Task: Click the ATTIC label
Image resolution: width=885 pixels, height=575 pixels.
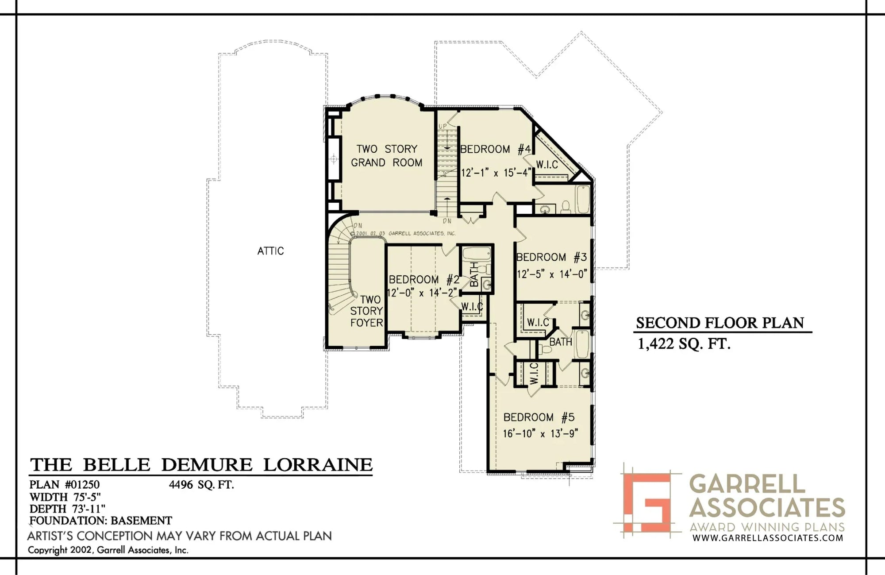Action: (270, 251)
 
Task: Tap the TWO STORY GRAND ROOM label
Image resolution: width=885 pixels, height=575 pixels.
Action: (387, 156)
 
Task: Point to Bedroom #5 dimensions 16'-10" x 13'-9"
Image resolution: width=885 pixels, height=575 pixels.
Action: (540, 433)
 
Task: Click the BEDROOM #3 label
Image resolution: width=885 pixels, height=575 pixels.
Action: (551, 257)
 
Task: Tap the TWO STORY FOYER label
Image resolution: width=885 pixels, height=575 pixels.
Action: (367, 311)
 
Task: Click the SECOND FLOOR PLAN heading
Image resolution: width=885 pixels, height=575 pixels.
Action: (720, 323)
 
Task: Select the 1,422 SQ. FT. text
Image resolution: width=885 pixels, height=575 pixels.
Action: (684, 343)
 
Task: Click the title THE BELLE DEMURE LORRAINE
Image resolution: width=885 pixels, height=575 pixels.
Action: (201, 465)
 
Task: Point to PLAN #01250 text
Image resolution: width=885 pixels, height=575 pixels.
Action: (65, 485)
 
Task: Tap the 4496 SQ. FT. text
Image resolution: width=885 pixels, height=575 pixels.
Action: (201, 485)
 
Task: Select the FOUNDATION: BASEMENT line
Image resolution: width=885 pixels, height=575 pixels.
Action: (101, 521)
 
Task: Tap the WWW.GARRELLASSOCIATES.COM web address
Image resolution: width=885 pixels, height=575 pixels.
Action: (768, 538)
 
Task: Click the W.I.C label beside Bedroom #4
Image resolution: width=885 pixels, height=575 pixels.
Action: (547, 165)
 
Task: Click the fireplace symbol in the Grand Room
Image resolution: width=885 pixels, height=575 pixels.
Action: (334, 159)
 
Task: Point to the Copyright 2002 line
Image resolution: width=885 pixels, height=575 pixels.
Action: (108, 550)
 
